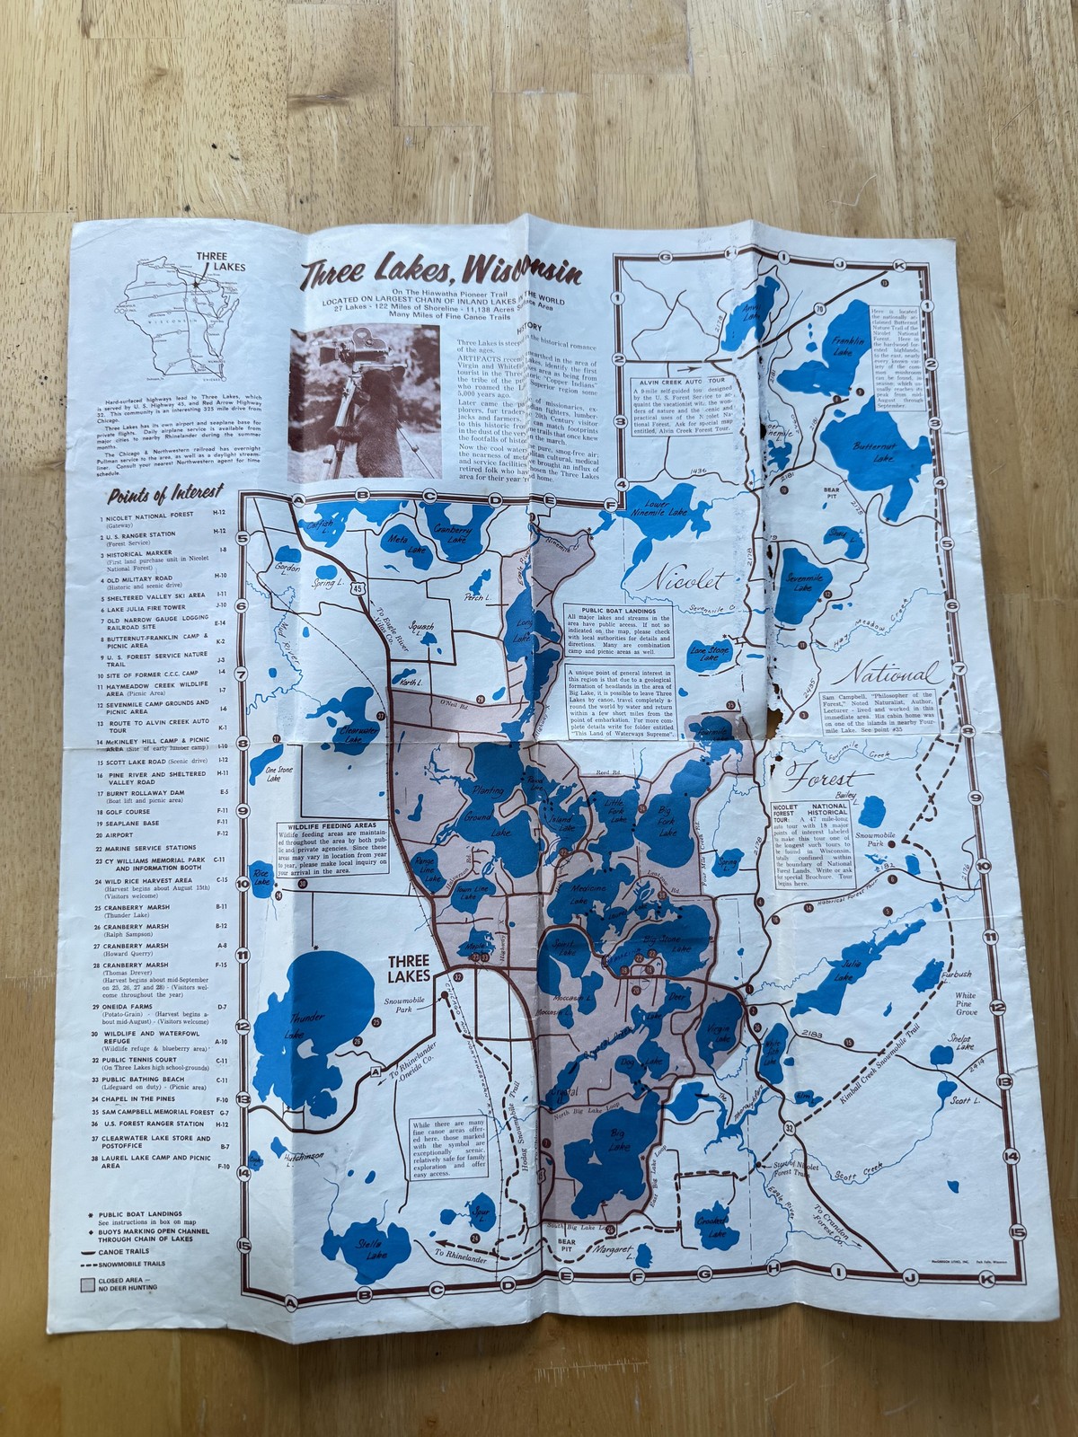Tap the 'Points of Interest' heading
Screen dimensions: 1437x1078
[164, 494]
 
